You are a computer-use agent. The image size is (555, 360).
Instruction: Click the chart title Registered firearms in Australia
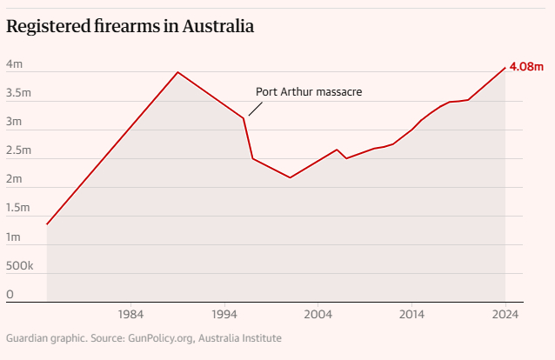click(x=130, y=27)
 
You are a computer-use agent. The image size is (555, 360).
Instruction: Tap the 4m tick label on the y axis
click(x=15, y=64)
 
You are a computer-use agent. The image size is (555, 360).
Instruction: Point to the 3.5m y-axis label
click(x=19, y=93)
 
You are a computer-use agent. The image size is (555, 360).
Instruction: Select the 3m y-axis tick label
click(x=15, y=122)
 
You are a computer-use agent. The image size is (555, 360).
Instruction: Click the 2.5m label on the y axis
click(x=19, y=150)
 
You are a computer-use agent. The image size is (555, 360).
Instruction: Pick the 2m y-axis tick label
click(x=15, y=179)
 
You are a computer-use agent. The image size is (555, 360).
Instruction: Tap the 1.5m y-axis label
click(x=19, y=208)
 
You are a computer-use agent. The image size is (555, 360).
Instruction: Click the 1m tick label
click(x=15, y=237)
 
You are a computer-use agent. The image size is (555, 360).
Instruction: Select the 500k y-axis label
click(x=20, y=265)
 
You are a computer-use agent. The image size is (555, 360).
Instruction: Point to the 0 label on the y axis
click(x=10, y=294)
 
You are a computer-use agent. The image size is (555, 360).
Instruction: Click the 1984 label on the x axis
click(x=130, y=314)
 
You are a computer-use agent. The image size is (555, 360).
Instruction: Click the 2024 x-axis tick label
click(x=505, y=314)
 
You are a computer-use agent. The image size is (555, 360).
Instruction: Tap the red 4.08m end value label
click(x=526, y=67)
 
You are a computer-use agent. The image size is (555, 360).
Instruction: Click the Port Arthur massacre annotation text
click(x=309, y=91)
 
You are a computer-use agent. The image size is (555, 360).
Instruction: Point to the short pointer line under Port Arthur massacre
click(x=254, y=109)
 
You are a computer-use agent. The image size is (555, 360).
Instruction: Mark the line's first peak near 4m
click(x=177, y=72)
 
